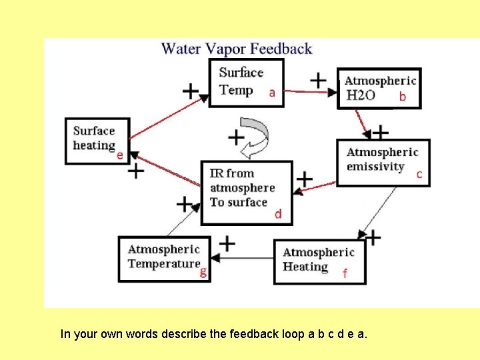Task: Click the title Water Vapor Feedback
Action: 237,49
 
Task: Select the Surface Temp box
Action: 246,82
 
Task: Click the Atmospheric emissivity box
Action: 383,162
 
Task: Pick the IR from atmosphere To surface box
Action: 247,192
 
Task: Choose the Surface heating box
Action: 97,141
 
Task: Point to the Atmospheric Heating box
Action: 319,261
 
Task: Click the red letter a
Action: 271,93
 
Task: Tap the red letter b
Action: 402,97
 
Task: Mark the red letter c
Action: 419,175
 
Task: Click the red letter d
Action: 279,214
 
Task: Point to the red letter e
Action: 120,155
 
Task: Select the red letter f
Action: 345,273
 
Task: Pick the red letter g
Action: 203,272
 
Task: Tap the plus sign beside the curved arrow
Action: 235,137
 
